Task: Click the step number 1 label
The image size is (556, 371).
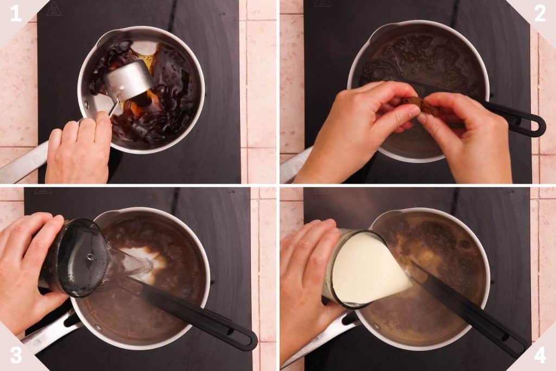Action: (16, 13)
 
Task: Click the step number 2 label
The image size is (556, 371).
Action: (539, 13)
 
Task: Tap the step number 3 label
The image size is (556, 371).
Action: (16, 355)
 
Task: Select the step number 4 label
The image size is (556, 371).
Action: (539, 355)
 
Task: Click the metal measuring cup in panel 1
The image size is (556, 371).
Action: (128, 81)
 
